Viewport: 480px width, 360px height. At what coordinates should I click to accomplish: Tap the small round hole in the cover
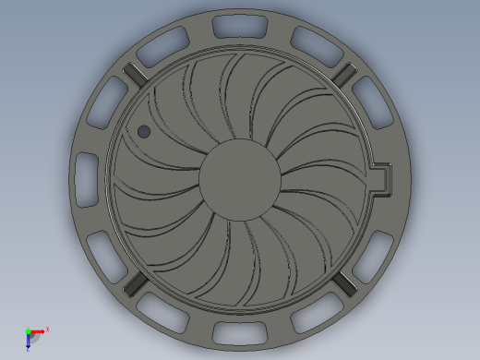[144, 132]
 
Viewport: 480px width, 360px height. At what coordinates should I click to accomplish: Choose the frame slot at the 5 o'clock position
[310, 318]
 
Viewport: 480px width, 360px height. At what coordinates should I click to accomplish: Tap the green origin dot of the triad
[28, 330]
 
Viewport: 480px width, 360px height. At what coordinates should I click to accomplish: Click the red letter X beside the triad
[47, 329]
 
